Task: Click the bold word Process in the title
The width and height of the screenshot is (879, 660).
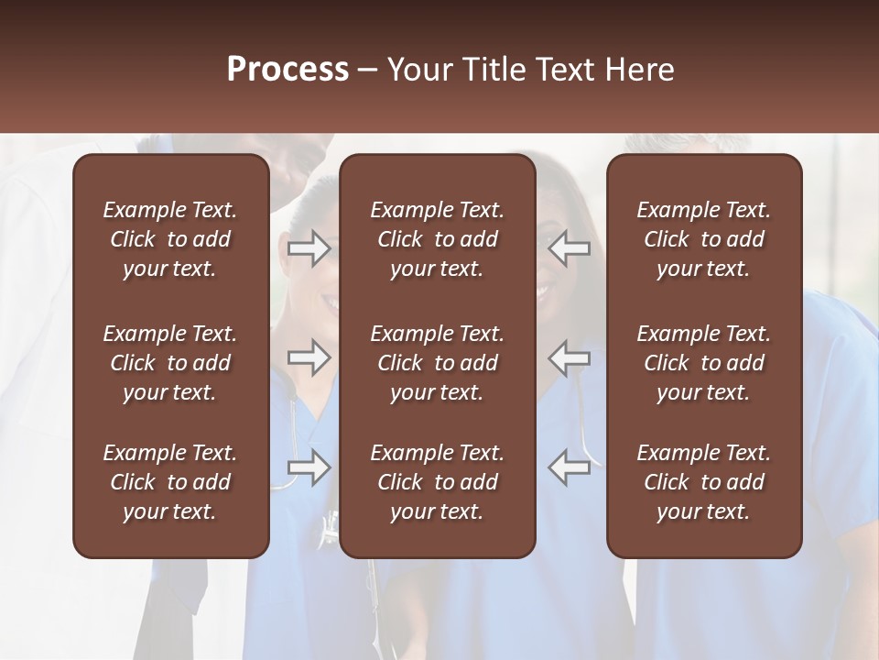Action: (288, 70)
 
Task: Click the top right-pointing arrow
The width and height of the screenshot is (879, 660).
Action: (309, 248)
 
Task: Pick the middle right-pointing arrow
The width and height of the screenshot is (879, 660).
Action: (309, 357)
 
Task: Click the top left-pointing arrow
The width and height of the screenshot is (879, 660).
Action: (570, 248)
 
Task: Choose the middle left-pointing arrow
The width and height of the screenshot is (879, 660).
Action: (570, 357)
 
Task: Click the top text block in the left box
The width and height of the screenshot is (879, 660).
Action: (170, 239)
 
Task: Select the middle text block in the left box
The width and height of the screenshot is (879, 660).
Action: (170, 363)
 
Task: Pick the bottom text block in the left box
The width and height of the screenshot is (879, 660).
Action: (170, 482)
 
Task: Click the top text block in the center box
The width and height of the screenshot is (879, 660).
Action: (437, 239)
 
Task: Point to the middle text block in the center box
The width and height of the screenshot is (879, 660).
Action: (437, 363)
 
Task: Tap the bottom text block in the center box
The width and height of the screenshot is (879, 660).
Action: (437, 482)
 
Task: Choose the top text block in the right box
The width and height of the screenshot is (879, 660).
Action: (703, 239)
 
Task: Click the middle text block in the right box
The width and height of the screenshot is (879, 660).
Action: (703, 363)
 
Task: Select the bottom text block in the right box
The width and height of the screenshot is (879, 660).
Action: (703, 482)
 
